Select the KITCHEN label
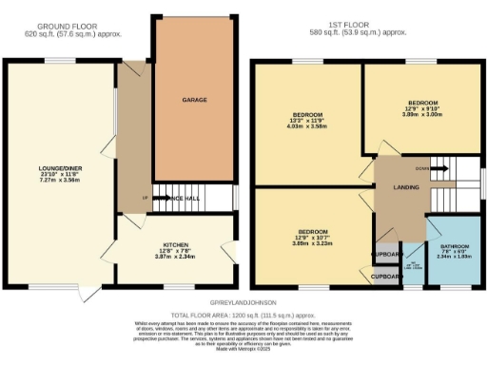(x=174, y=243)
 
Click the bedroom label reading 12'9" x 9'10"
(x=423, y=102)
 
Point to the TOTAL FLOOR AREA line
(x=243, y=313)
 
